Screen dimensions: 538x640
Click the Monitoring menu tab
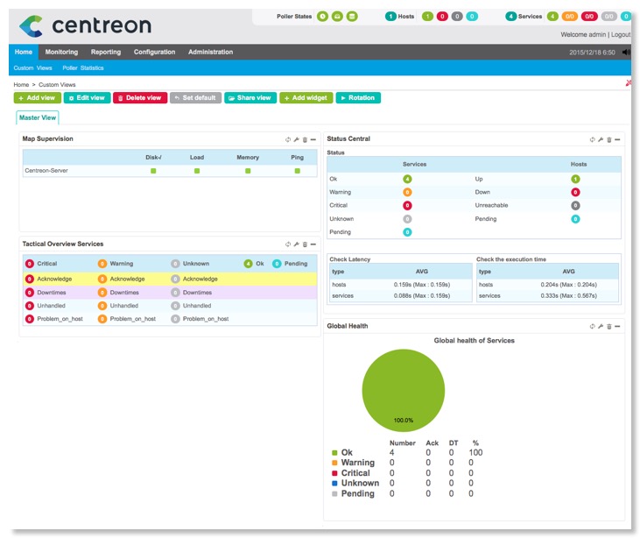(61, 53)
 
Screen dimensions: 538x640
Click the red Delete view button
(140, 98)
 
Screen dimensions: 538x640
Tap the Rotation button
(358, 98)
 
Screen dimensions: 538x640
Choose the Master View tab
(38, 117)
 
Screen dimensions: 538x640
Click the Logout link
(621, 34)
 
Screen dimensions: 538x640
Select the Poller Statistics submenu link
(83, 67)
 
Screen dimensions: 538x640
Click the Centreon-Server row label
(46, 171)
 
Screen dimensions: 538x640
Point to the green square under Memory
(248, 171)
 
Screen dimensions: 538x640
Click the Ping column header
(298, 158)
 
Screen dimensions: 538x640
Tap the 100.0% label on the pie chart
(403, 421)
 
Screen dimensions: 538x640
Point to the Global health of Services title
(474, 340)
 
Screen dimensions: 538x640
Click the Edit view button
(87, 98)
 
